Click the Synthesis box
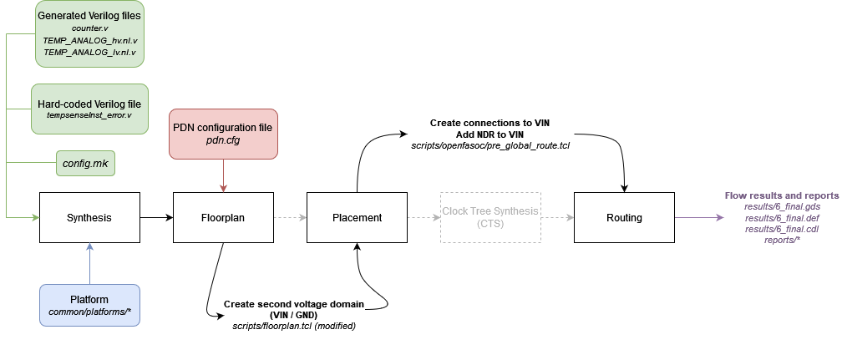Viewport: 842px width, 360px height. [x=89, y=218]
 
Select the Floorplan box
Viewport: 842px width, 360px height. [x=223, y=218]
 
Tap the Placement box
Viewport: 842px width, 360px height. [x=357, y=218]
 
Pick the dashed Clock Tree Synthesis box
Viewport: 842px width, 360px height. [x=490, y=218]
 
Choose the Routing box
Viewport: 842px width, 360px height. [x=624, y=218]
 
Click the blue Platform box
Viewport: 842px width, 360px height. [x=89, y=305]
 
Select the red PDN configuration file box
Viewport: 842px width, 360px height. [x=223, y=134]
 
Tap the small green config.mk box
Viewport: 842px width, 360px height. [x=85, y=163]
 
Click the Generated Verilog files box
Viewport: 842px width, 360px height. [x=89, y=34]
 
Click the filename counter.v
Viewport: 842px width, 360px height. [x=89, y=28]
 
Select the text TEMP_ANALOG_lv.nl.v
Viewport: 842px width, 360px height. [x=89, y=52]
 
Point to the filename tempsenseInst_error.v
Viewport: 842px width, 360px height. [x=89, y=114]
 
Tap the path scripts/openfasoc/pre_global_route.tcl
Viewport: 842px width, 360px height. [x=489, y=146]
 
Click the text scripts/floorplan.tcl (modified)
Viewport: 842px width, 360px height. [x=293, y=325]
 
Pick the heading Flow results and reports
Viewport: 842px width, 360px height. [x=782, y=195]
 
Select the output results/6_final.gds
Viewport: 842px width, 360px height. [x=782, y=206]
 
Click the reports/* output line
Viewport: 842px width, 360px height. [x=782, y=240]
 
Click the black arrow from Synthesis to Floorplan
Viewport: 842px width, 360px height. [x=156, y=218]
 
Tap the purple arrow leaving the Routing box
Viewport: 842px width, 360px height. [x=698, y=218]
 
